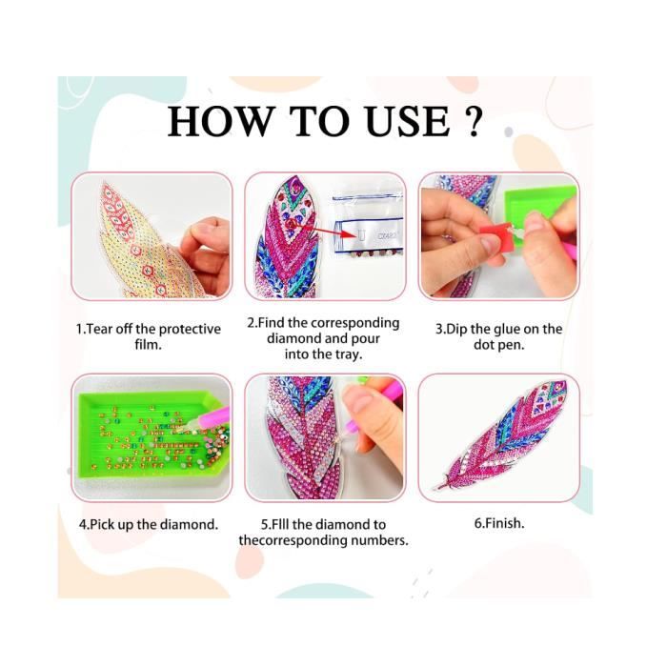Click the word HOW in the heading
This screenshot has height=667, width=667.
[219, 121]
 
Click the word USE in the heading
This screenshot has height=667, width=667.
[408, 121]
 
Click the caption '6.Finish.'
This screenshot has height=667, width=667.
[499, 523]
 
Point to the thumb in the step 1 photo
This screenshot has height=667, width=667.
[203, 232]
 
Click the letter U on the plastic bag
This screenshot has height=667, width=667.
[362, 234]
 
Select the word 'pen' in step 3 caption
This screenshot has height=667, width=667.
[513, 345]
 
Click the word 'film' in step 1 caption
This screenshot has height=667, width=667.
[148, 344]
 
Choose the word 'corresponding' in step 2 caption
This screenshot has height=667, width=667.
[354, 323]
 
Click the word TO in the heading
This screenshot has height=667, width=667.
[317, 121]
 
